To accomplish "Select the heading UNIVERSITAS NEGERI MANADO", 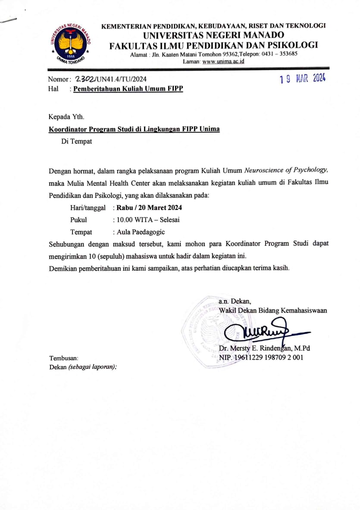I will point(213,35).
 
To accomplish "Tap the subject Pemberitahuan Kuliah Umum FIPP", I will point(128,89).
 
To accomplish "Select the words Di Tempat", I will point(76,141).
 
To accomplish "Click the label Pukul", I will point(78,220).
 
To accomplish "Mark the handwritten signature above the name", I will point(254,331).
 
